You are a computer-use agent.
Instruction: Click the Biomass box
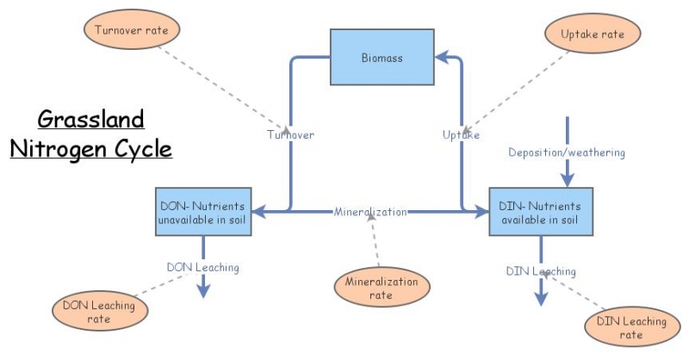click(382, 57)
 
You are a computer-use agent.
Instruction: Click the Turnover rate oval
click(132, 30)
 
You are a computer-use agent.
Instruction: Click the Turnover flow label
click(289, 135)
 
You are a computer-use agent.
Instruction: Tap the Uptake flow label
click(461, 135)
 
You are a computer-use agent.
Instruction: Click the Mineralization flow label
click(370, 212)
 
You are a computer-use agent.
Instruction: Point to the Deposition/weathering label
click(566, 152)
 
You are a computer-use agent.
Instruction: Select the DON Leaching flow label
click(202, 267)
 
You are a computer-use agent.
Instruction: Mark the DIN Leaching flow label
click(540, 271)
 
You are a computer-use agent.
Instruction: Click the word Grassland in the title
click(90, 118)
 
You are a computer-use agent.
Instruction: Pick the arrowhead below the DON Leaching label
click(203, 290)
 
